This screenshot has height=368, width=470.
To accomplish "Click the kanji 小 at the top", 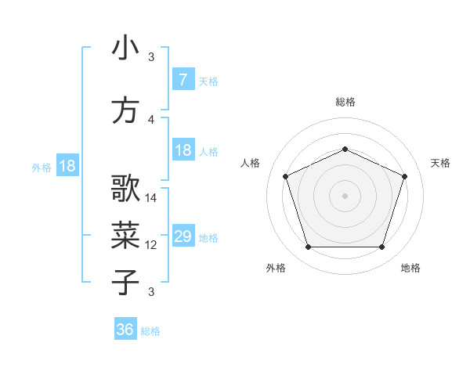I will [125, 49].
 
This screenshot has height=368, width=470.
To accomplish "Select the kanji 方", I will [125, 110].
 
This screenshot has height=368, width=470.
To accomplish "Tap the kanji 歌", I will [125, 189].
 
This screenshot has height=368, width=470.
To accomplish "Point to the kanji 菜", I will [125, 235].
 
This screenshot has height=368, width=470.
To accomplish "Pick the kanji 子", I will [125, 282].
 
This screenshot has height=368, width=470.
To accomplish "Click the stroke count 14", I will [152, 198].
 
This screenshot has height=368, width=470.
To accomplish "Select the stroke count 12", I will [152, 245].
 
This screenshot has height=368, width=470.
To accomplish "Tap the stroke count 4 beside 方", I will [151, 120].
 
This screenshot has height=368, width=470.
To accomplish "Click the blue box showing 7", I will [183, 80].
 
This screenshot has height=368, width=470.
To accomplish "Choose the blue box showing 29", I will [183, 236].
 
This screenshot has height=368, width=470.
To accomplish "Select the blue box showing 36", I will [125, 330].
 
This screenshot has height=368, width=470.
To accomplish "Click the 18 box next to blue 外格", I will [67, 166].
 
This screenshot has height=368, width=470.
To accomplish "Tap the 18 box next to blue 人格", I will [183, 150].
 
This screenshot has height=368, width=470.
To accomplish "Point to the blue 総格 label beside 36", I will [150, 331].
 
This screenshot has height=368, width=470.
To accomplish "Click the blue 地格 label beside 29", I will [208, 238].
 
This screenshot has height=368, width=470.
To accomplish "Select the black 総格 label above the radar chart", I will [345, 102].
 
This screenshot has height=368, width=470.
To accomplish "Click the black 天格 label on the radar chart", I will [440, 163].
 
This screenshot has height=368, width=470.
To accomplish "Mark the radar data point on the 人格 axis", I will [285, 176].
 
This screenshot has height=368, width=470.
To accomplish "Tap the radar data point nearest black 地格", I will [381, 247].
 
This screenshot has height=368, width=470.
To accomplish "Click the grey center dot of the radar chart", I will [345, 196].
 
